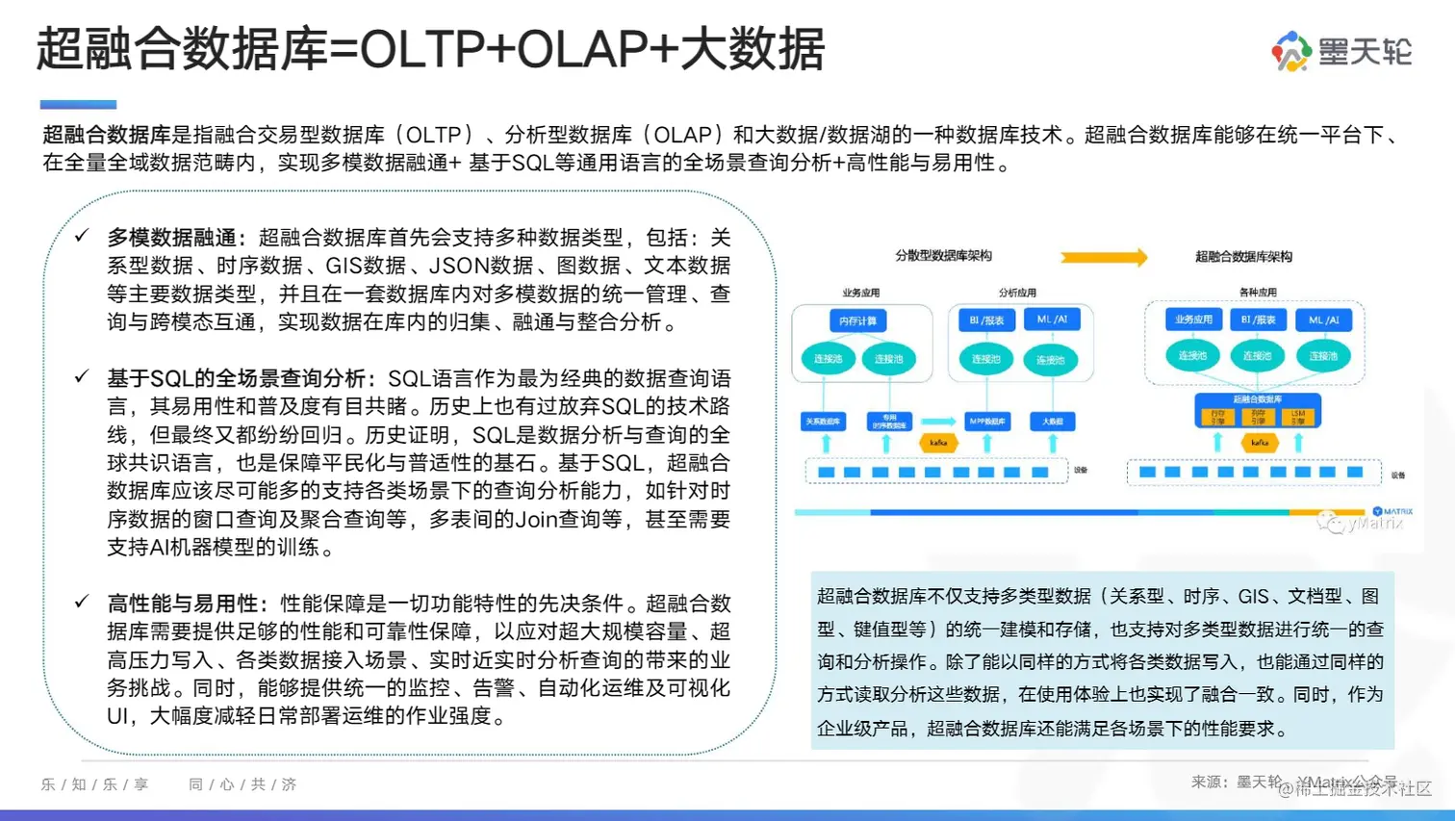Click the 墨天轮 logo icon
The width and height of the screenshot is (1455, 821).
point(1291,51)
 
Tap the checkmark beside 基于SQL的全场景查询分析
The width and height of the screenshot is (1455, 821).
point(82,376)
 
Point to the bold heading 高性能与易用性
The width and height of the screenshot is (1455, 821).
point(183,603)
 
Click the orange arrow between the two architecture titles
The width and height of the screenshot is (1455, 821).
point(1104,257)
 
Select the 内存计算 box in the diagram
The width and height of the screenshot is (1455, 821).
point(857,321)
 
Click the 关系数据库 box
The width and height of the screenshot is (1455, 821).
point(824,422)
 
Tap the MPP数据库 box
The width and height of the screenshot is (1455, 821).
point(986,422)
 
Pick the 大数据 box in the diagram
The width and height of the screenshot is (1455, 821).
point(1052,422)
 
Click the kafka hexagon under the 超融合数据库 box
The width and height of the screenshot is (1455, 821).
point(1260,443)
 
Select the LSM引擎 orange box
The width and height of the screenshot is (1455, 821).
point(1298,416)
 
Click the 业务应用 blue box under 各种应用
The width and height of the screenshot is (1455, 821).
point(1193,320)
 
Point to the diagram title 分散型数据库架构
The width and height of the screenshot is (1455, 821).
point(943,256)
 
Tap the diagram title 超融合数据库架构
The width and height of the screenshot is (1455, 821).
point(1243,257)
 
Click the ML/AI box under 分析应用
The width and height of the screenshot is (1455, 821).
point(1052,320)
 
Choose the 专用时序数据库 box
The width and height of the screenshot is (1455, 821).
point(889,422)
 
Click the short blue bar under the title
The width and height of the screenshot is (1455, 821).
point(78,104)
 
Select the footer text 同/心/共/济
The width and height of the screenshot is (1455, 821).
point(242,784)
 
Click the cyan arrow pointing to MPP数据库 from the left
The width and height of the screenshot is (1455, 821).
point(938,422)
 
